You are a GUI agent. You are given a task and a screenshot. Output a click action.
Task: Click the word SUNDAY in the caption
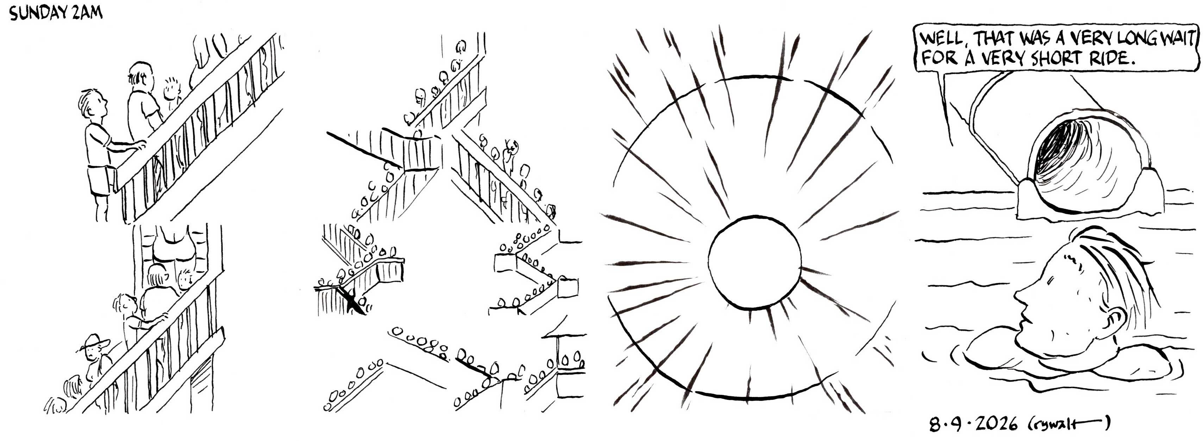point(39,14)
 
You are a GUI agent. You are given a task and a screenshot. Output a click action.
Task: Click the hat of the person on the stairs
point(95,342)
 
